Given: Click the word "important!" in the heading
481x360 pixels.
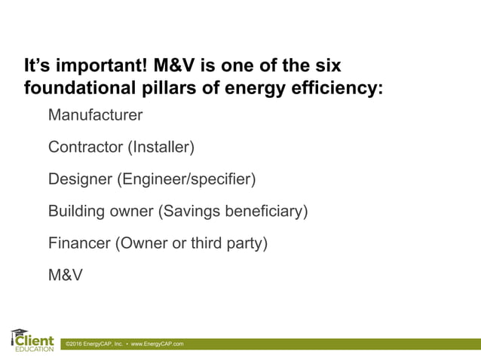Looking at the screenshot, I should (x=103, y=66).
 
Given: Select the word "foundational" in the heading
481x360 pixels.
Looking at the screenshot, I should (x=77, y=88).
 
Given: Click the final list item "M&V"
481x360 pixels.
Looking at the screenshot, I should (x=65, y=275).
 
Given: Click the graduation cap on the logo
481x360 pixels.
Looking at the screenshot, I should (x=19, y=331).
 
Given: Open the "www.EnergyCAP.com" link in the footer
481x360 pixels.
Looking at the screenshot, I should (x=157, y=344).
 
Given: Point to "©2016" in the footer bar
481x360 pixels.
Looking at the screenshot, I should (x=73, y=344).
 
